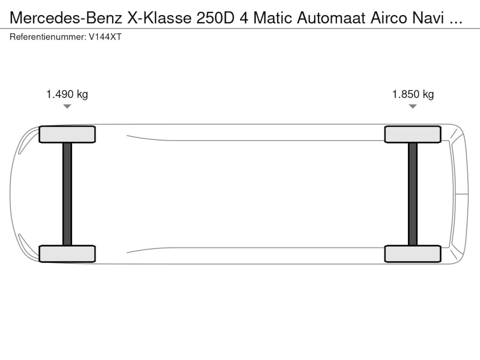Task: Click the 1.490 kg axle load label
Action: tap(67, 94)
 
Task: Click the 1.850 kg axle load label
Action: tap(413, 94)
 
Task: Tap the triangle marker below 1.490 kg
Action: tap(67, 106)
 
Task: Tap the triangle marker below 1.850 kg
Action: tap(412, 106)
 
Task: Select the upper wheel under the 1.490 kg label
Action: tap(67, 134)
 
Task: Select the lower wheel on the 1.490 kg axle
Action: tap(67, 254)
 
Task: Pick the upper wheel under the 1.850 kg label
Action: tap(412, 134)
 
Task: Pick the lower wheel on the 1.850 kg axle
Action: tap(412, 254)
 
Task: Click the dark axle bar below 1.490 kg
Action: tap(67, 194)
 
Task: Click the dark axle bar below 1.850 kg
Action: tap(412, 194)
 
